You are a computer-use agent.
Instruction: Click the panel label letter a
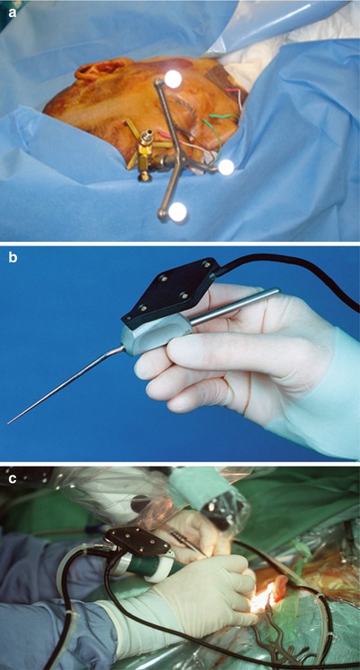coord(13,13)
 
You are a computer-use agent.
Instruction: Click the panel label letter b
coord(13,259)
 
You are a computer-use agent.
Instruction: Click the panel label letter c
coord(13,479)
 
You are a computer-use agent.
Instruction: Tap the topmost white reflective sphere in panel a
coord(173,79)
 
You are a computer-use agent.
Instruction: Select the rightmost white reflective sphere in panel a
coord(226,167)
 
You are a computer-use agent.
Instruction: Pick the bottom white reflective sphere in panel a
coord(177,212)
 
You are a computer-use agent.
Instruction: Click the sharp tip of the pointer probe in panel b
coord(9,423)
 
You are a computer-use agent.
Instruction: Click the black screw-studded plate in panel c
coord(137,541)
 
